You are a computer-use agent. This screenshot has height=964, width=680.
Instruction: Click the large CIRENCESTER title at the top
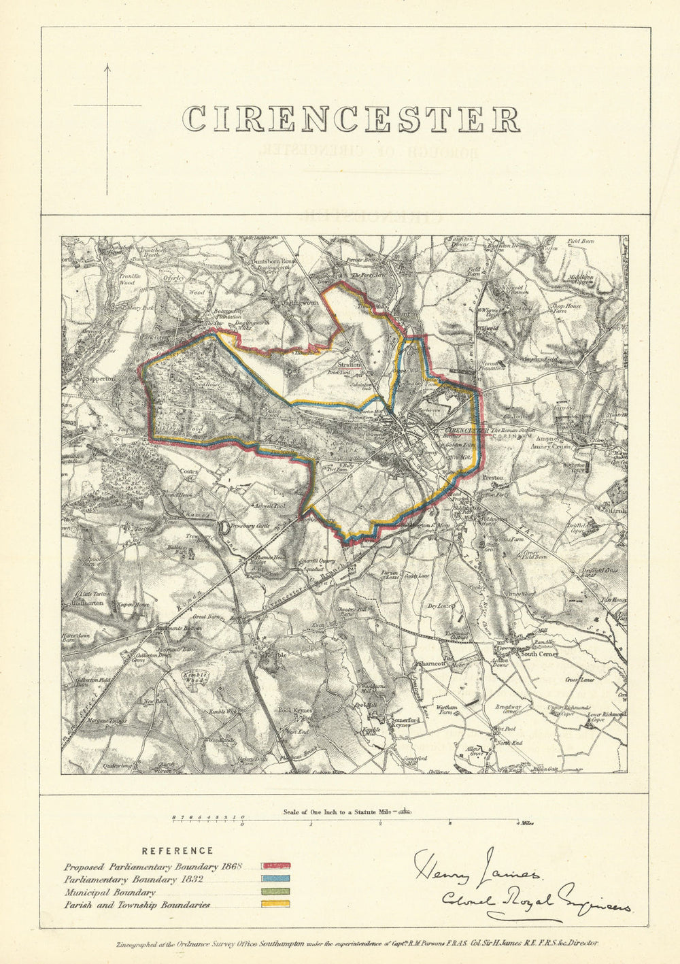click(x=353, y=119)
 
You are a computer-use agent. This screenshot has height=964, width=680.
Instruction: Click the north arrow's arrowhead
click(x=107, y=67)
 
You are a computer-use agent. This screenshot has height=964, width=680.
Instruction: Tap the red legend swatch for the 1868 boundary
click(x=271, y=867)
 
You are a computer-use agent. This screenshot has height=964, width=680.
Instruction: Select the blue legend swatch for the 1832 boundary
click(x=271, y=879)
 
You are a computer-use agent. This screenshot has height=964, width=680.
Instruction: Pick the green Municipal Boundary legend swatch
click(x=271, y=891)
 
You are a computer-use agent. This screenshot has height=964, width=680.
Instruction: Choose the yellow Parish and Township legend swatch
click(x=271, y=904)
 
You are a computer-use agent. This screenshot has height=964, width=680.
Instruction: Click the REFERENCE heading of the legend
click(x=177, y=850)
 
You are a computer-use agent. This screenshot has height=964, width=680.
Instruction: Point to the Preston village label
click(x=492, y=478)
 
